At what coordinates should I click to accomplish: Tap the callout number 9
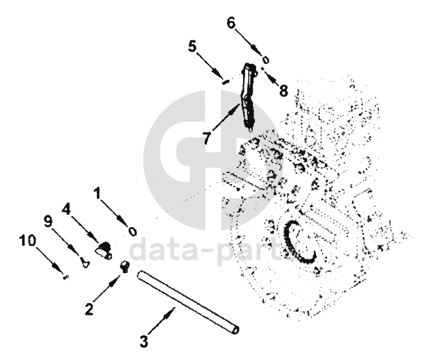tap(48, 222)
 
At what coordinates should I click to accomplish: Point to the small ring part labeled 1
tap(131, 231)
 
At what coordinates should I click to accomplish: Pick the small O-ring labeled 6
tap(265, 58)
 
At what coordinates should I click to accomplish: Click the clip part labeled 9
tap(83, 263)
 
